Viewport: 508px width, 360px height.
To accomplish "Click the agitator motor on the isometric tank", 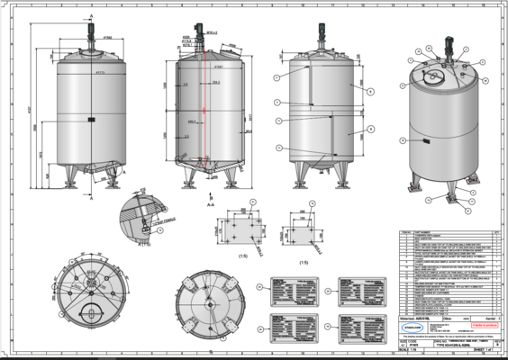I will point(447,51).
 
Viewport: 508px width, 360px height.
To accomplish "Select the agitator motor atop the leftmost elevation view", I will point(91,27).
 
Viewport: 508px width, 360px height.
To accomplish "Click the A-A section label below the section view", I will point(210,204).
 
